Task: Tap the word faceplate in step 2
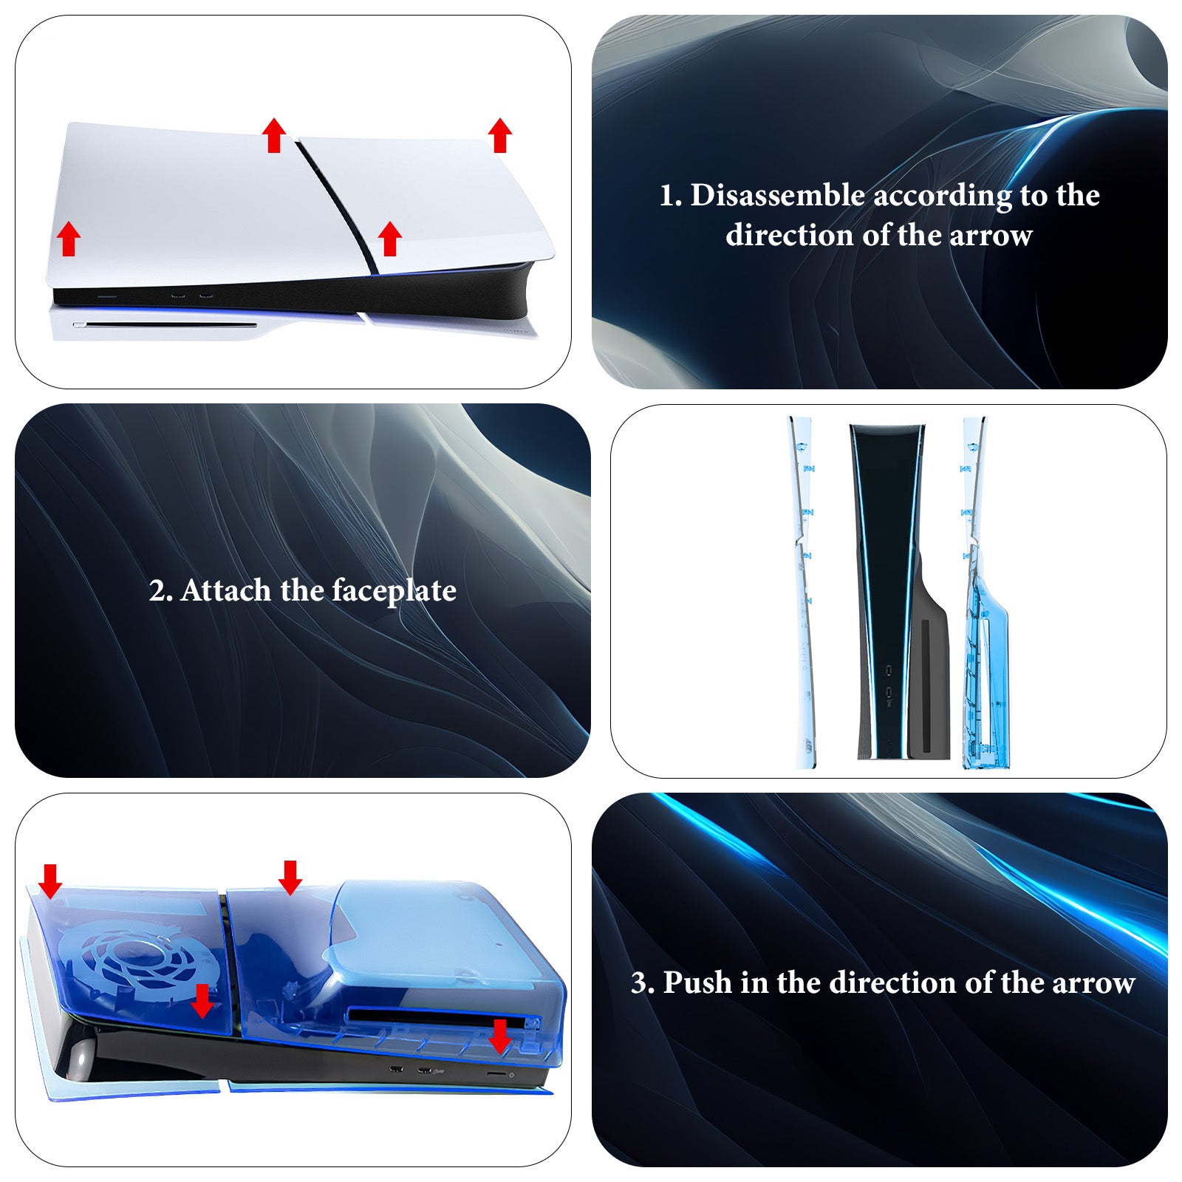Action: click(394, 592)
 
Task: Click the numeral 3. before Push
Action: click(643, 983)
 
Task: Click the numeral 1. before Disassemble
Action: click(671, 196)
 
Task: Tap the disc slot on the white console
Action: click(165, 324)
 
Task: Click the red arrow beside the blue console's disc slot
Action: click(500, 1036)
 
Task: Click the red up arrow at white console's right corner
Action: click(500, 135)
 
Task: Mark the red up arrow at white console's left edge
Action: click(69, 239)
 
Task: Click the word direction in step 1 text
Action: click(790, 236)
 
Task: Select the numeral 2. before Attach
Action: click(161, 591)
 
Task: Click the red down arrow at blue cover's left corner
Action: click(50, 881)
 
